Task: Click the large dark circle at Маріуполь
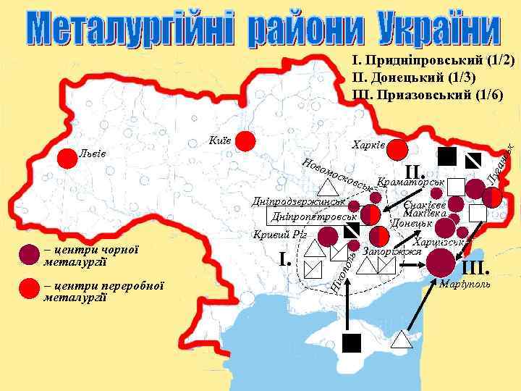[441, 261]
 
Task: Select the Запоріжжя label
[391, 251]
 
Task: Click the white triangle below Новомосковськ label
[323, 188]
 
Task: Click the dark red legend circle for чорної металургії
[28, 253]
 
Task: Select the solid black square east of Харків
[446, 156]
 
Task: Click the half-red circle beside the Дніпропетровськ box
[370, 216]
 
